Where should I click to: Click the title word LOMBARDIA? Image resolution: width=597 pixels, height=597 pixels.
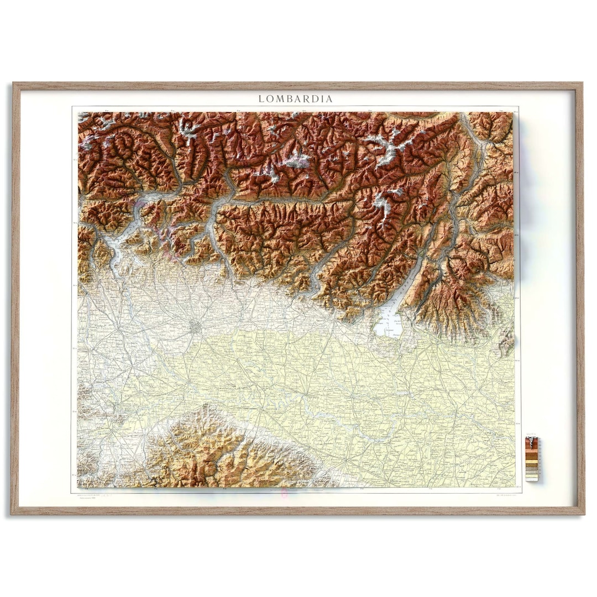(296, 99)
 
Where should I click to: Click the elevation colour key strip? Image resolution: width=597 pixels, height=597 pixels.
(532, 458)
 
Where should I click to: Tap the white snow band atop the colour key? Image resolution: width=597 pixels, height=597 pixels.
(532, 439)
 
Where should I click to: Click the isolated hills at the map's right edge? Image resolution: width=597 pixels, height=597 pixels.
(506, 343)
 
